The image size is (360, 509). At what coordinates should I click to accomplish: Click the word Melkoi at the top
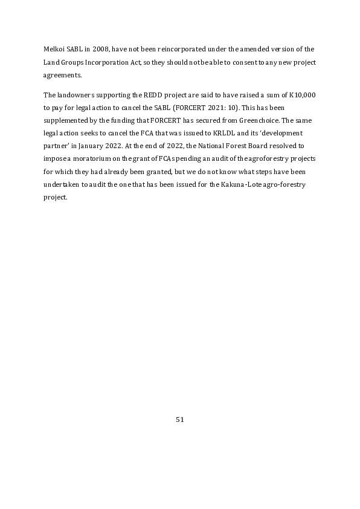pyautogui.click(x=54, y=48)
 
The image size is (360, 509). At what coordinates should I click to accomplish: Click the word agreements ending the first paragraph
pyautogui.click(x=63, y=76)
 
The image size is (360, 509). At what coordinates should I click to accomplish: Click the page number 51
pyautogui.click(x=179, y=420)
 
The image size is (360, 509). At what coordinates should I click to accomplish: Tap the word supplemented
pyautogui.click(x=68, y=122)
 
